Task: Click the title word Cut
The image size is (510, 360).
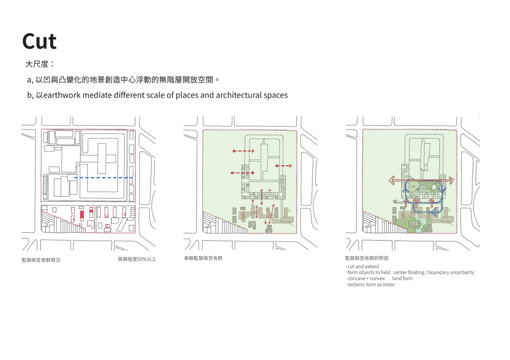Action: pos(39,41)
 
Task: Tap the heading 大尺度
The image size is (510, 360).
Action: pos(37,64)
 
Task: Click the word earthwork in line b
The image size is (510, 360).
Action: pos(62,95)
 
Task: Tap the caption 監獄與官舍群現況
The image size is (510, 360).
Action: pos(41,260)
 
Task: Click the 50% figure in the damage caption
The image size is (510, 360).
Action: pos(142,259)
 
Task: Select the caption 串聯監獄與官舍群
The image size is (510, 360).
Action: pos(203,258)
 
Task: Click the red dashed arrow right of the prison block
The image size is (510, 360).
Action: pos(283,166)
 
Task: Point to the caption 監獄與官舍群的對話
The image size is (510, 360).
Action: pos(367,258)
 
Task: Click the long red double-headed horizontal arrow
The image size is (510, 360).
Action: pos(421,180)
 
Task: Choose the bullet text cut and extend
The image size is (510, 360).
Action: pos(363,267)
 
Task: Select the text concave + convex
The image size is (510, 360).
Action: pos(366,278)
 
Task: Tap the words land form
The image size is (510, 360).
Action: pos(402,278)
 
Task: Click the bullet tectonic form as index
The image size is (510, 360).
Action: pos(371,285)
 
